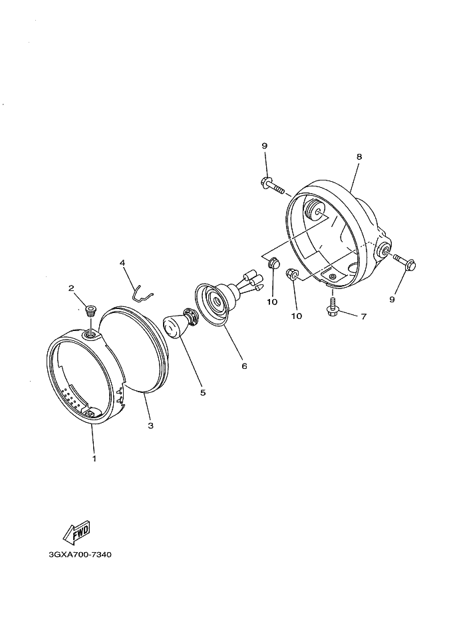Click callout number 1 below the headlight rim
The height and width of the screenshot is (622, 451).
tap(94, 458)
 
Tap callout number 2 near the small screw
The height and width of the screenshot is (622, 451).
tap(71, 288)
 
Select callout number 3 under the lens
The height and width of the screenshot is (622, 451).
tap(150, 426)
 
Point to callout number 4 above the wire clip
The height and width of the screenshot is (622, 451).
tap(122, 262)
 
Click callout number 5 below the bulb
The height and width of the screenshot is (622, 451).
tap(203, 393)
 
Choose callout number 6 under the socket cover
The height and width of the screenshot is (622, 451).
tap(244, 366)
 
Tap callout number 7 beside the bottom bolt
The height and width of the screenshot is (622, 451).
tap(363, 316)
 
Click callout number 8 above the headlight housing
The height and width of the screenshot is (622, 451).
tap(359, 156)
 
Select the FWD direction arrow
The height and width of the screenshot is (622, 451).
tap(76, 533)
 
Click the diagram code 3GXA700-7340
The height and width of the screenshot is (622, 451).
tap(80, 554)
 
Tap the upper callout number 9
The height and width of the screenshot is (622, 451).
tap(264, 146)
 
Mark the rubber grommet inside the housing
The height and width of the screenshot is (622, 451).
tap(315, 210)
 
